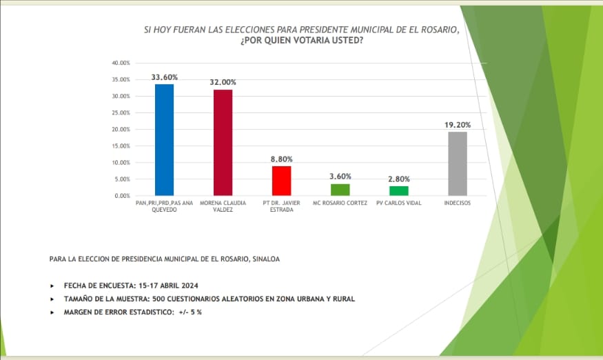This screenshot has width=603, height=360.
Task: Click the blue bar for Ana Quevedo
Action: pos(164,140)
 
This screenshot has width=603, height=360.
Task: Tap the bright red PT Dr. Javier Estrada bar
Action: pos(282,181)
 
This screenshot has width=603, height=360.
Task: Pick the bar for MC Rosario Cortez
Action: pos(340,190)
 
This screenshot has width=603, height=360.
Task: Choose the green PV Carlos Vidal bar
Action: pos(399,191)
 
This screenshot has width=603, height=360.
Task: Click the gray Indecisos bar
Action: pos(458,163)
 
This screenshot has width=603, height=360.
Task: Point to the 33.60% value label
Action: pos(165,77)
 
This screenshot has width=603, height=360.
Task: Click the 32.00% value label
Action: pos(223,83)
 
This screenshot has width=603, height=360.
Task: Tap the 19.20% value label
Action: pos(458,125)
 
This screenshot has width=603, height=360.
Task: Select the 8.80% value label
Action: pos(282,159)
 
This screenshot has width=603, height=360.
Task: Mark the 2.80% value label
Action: pos(399,179)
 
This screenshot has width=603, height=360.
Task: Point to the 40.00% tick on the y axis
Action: pos(121,63)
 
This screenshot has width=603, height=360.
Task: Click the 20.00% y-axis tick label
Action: pos(121,130)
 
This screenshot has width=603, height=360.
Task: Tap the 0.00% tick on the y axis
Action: pos(122,196)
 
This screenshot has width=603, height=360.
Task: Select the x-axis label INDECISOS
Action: pos(458,203)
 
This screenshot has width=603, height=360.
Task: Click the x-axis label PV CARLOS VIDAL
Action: pos(399,203)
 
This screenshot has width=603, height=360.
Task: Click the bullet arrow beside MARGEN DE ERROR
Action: pos(52,312)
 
